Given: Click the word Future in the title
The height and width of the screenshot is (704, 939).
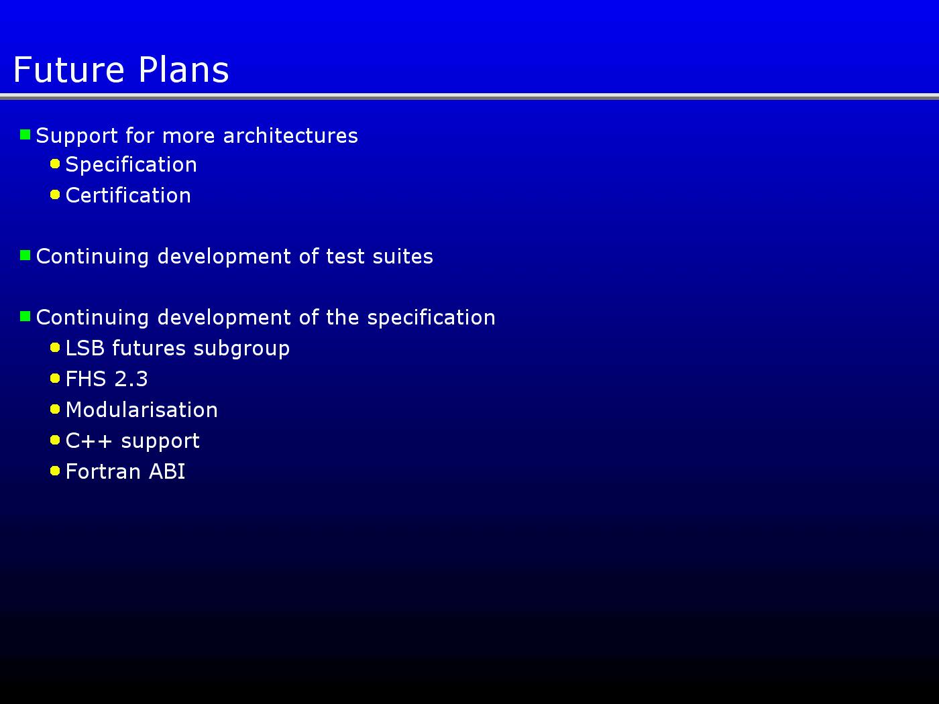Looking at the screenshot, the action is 69,69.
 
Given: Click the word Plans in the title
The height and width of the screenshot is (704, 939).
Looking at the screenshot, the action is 184,69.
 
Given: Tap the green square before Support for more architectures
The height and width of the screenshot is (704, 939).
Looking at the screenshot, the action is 25,135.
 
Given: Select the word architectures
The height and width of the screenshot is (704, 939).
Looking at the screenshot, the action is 290,136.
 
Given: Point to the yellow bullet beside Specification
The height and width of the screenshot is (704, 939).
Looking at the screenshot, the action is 55,164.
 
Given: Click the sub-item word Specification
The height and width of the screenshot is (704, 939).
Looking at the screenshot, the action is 131,165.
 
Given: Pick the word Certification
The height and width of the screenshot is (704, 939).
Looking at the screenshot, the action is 128,195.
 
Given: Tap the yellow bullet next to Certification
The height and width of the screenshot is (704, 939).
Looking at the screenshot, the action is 55,195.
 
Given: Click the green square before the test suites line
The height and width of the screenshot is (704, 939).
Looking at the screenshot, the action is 25,255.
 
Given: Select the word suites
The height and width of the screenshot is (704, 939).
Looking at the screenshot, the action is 402,257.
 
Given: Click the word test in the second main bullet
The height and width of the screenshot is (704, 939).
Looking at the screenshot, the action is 345,257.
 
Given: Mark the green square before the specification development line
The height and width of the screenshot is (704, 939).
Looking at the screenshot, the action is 25,316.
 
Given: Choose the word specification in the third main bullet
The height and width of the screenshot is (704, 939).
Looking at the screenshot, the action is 431,318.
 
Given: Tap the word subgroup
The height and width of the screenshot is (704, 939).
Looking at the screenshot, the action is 241,349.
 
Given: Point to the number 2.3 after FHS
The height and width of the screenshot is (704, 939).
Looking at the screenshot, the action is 131,379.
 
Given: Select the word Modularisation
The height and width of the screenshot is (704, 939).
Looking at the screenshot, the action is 142,410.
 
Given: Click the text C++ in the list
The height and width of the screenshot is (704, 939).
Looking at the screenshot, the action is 89,441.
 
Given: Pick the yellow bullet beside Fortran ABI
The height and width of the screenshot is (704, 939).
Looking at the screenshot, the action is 55,471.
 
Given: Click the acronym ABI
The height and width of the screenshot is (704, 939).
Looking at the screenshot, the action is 167,472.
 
